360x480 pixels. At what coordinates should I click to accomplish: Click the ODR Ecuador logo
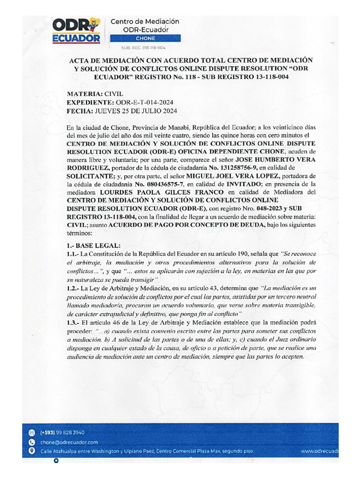click(77, 30)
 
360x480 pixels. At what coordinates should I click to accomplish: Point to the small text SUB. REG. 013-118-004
click(143, 47)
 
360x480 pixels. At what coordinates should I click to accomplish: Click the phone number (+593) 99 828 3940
click(62, 432)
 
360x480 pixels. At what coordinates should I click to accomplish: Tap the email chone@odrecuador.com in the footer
click(69, 442)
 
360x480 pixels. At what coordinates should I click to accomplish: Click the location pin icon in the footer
click(31, 451)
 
